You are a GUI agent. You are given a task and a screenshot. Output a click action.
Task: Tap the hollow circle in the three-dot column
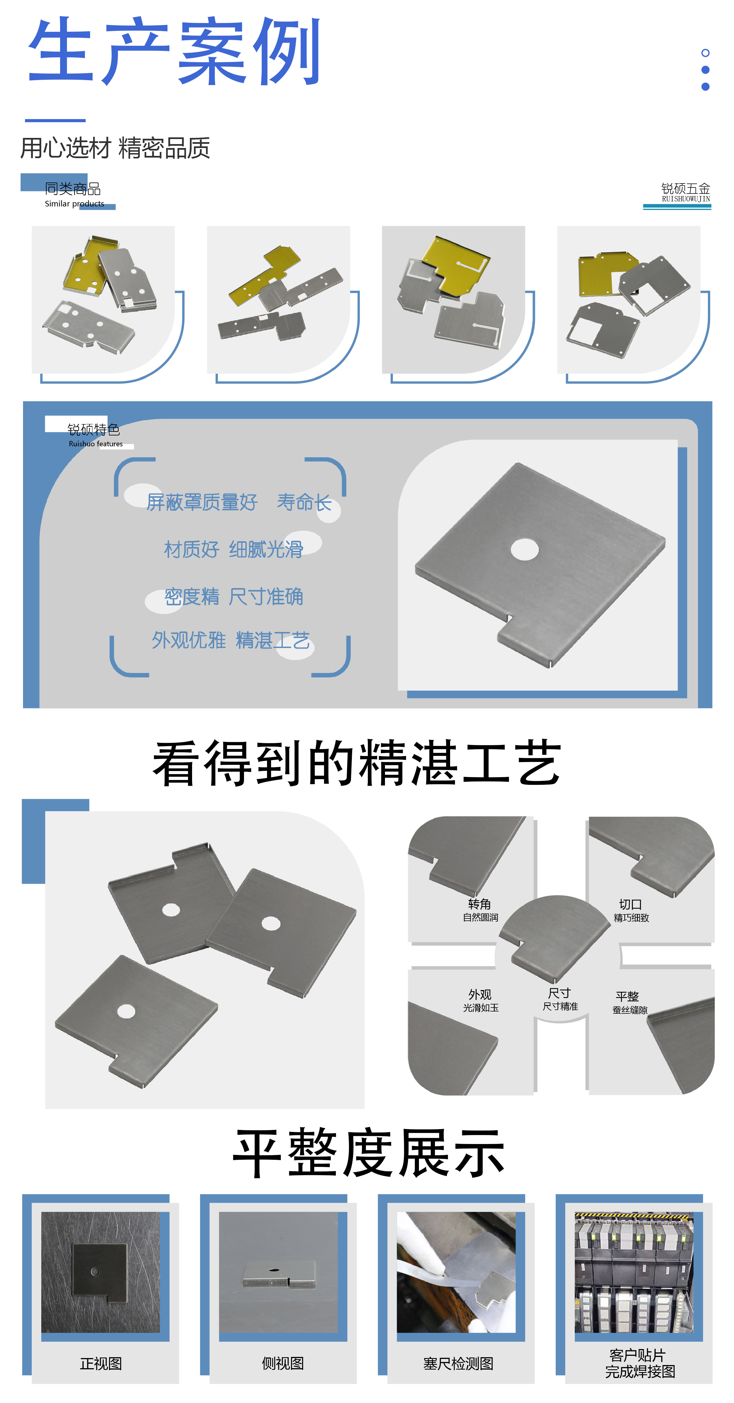705,53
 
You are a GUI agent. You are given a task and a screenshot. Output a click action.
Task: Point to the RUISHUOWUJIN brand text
685,199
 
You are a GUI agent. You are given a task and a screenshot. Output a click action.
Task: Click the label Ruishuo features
96,444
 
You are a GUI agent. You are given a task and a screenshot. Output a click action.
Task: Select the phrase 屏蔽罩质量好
201,502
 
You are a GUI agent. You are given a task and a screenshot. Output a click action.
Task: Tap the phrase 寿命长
304,502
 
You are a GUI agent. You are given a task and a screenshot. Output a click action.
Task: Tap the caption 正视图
101,1364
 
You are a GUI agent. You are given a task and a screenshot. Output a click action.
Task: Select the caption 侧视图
282,1364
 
